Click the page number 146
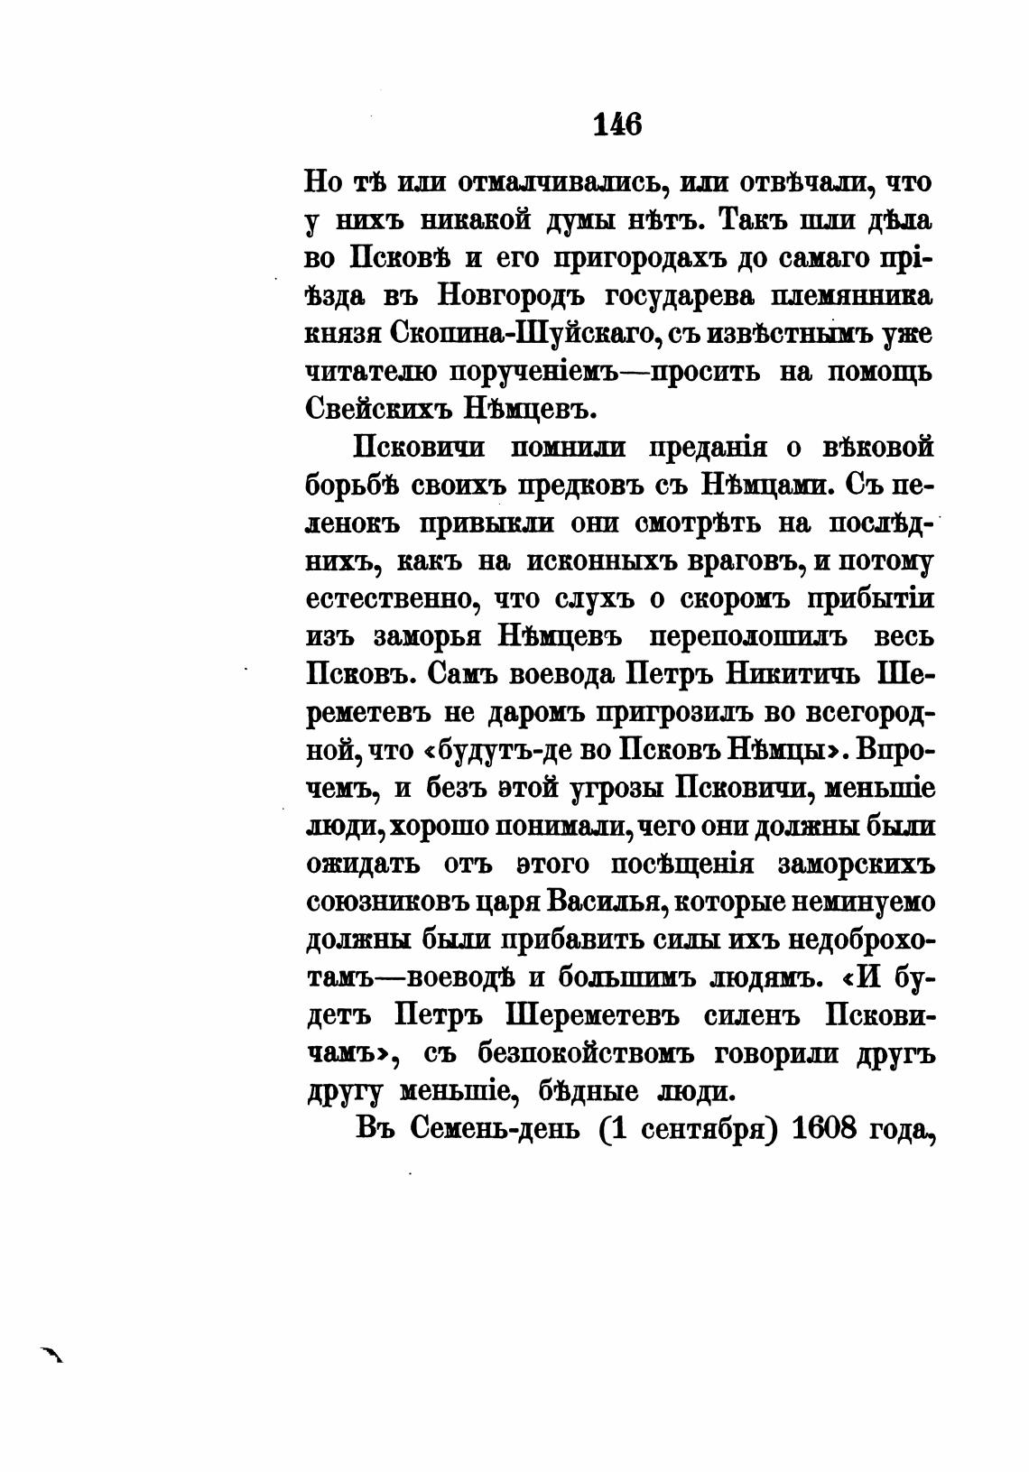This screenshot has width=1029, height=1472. [617, 124]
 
